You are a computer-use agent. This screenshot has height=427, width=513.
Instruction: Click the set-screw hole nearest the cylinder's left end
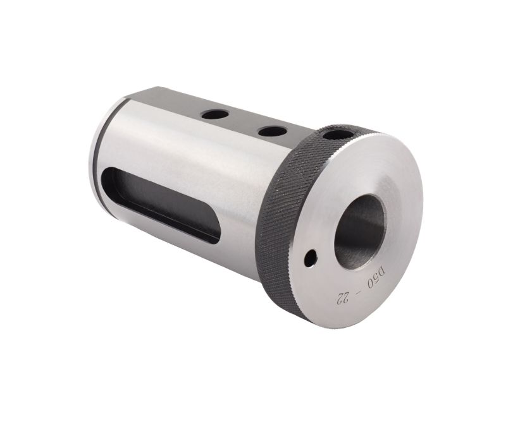click(215, 115)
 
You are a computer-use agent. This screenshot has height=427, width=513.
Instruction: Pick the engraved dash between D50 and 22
click(359, 289)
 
